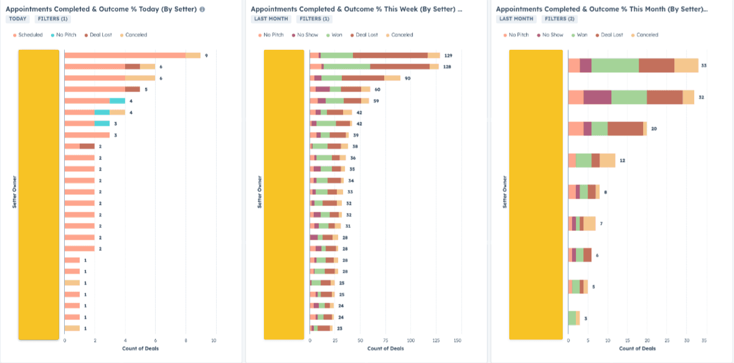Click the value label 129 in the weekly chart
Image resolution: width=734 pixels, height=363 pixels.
click(x=448, y=55)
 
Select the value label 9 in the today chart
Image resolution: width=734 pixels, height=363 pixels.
click(x=206, y=55)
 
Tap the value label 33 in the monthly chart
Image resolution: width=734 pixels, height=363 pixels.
click(x=704, y=65)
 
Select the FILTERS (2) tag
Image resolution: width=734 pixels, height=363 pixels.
click(x=555, y=19)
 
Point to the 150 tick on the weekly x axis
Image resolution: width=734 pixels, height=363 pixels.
click(x=458, y=341)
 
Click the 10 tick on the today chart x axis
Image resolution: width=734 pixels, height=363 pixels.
click(x=214, y=341)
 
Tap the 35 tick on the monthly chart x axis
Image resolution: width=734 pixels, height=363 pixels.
click(x=704, y=341)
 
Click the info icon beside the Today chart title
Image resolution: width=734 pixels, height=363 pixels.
click(x=202, y=9)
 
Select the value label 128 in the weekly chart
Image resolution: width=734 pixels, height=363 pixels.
click(x=447, y=67)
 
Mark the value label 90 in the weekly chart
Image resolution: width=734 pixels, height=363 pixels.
click(x=408, y=78)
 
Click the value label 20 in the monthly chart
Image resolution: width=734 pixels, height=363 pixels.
click(x=654, y=128)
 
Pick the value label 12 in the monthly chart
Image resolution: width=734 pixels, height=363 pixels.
click(x=622, y=161)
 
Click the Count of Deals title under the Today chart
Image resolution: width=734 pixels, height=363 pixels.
click(x=139, y=348)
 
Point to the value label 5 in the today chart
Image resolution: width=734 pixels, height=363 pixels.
click(x=146, y=89)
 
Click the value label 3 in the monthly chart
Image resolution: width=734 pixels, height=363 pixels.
click(x=585, y=318)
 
